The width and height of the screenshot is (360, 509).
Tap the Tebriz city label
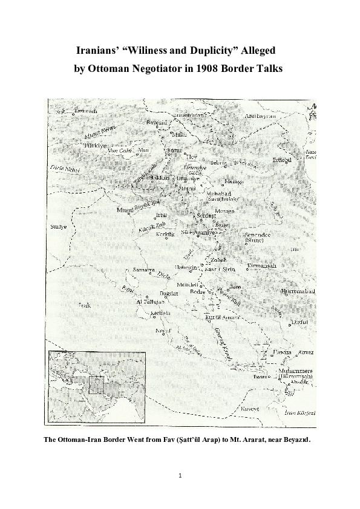[218, 163]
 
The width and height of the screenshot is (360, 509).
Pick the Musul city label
[125, 210]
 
